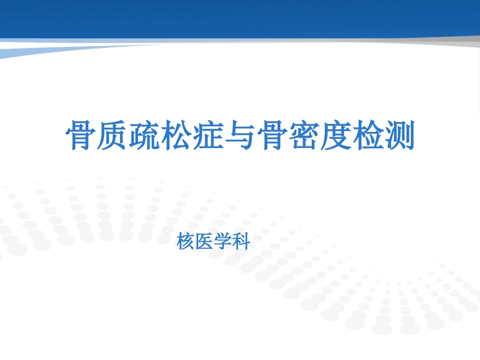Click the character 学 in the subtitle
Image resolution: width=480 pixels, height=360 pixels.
223,243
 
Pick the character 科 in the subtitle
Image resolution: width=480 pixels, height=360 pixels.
242,243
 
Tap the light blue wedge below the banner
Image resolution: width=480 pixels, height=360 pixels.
30,50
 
